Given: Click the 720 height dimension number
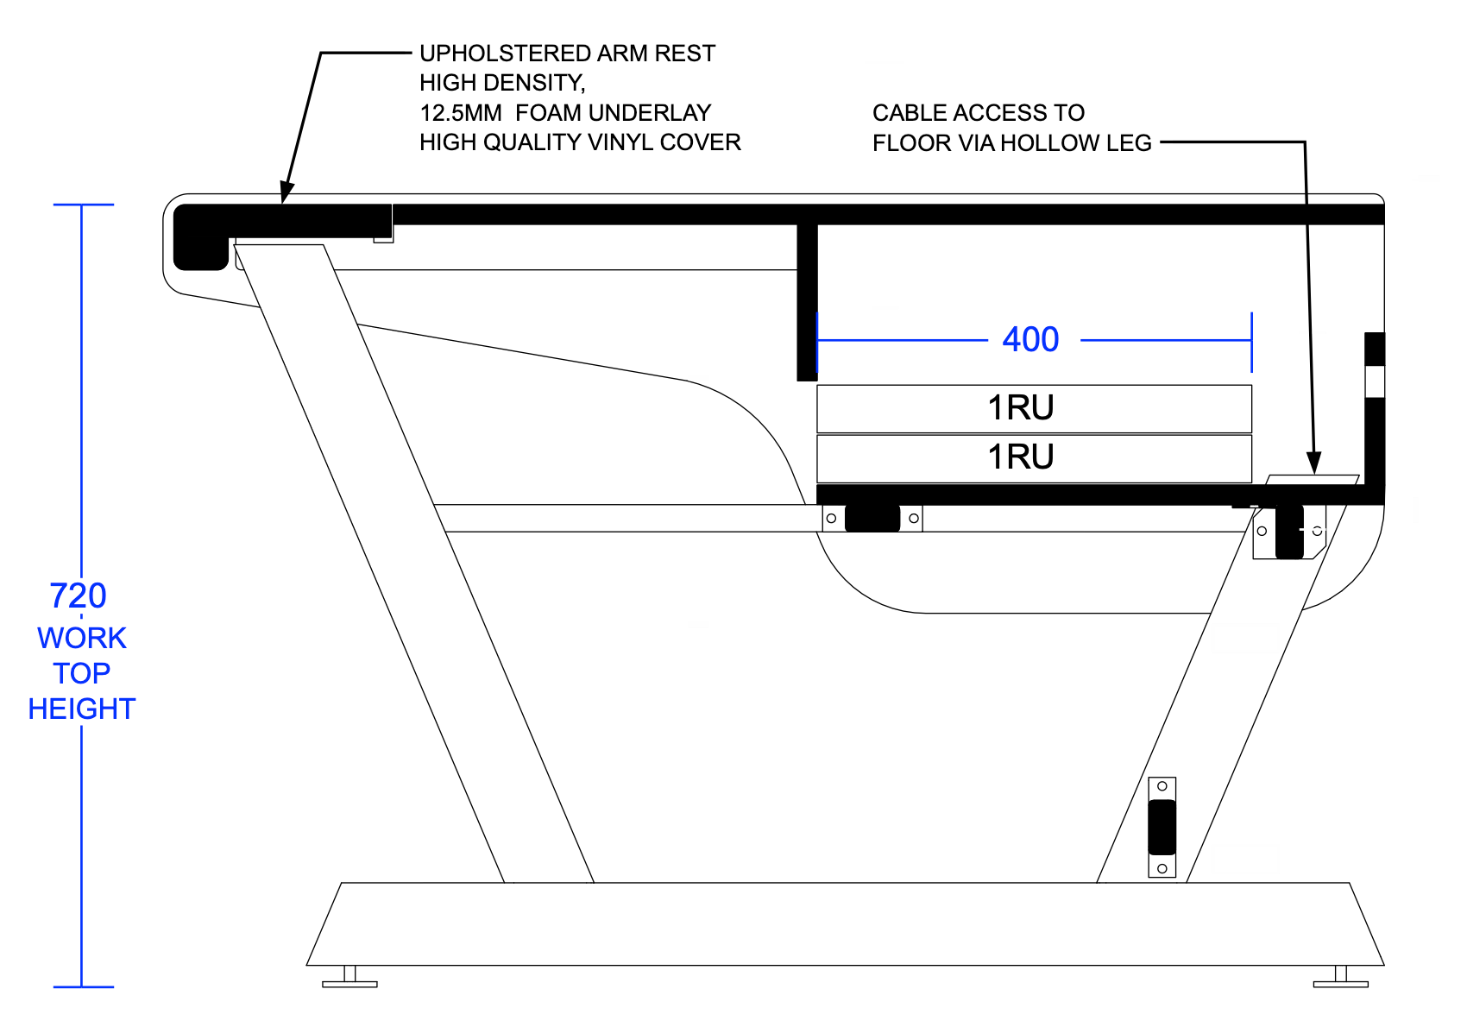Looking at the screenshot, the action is [78, 595].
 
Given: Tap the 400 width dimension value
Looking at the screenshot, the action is [1030, 339].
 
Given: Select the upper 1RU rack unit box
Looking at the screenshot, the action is [1034, 409].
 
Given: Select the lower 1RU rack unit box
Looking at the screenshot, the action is [1034, 458].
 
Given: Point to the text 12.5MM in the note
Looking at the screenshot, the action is [461, 113].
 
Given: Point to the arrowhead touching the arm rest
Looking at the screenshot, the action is [286, 192].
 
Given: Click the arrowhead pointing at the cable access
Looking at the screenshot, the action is [1313, 463].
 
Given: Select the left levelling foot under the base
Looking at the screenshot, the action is [349, 976].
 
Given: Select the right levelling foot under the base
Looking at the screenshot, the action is [1341, 976].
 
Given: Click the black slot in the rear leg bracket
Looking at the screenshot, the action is [1162, 827].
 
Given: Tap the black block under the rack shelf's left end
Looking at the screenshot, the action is [872, 518].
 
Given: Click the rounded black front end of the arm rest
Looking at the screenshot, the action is [201, 237].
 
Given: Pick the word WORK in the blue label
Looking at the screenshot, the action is [82, 638].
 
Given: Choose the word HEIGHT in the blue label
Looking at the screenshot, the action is [82, 709].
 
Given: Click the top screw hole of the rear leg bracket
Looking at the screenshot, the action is [1162, 786].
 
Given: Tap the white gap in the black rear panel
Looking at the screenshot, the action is [1374, 381].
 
